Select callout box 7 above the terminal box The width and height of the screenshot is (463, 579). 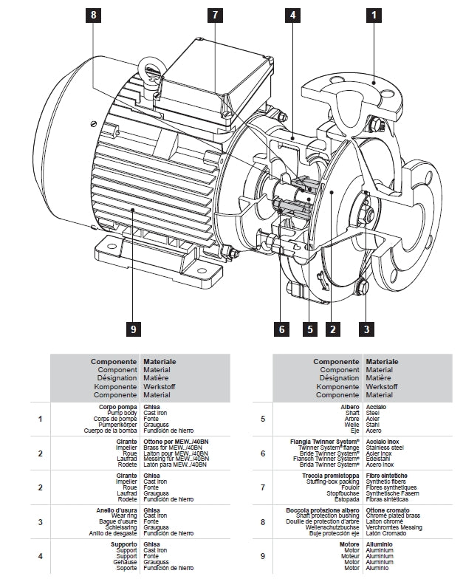click(x=214, y=15)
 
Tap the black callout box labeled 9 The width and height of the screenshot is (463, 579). click(x=133, y=329)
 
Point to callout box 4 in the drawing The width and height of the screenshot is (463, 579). click(x=293, y=15)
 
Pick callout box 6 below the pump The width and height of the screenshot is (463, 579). click(x=281, y=329)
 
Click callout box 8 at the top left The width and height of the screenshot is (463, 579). click(x=94, y=15)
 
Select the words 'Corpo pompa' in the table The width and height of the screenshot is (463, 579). click(x=118, y=407)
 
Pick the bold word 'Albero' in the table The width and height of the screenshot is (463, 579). click(x=349, y=407)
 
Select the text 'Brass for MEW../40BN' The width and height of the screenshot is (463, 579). click(x=175, y=448)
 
